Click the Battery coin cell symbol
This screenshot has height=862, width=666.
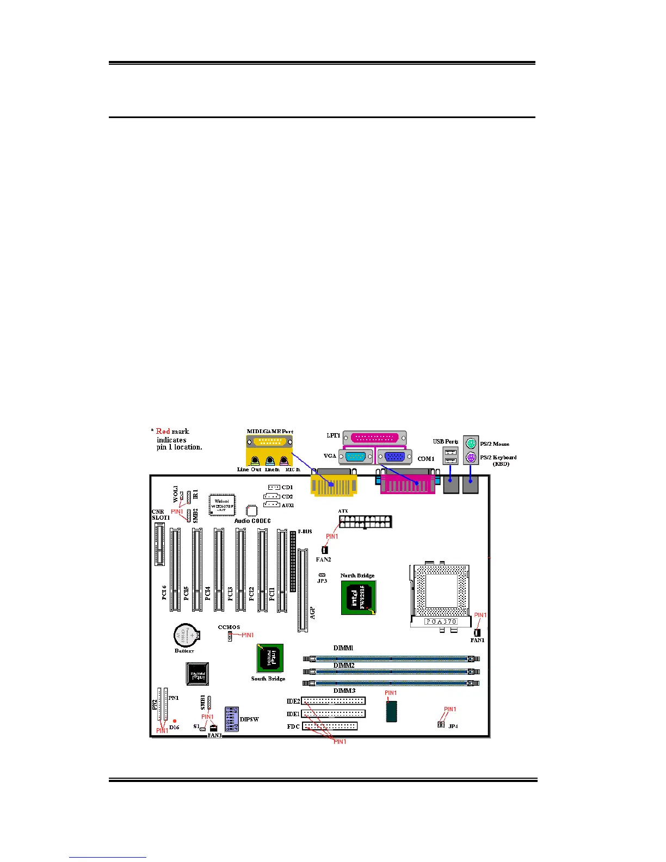point(184,635)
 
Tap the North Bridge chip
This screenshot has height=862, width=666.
point(359,598)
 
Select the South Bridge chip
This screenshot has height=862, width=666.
point(270,658)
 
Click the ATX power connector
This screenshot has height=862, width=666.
point(365,522)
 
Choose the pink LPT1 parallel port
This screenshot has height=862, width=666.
point(374,438)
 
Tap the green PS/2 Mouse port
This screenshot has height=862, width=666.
point(471,444)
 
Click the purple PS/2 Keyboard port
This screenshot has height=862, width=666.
point(471,458)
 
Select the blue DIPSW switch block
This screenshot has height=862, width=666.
point(231,719)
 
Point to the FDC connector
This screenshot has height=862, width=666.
point(330,726)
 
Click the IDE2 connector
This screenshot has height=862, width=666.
point(333,701)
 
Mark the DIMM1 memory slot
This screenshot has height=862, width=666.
point(391,658)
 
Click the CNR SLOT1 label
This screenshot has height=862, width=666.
point(161,515)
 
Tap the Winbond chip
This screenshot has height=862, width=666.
point(222,504)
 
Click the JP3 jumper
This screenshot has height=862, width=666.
point(322,575)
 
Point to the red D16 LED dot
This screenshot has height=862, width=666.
point(175,721)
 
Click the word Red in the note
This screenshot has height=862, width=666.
point(163,432)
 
